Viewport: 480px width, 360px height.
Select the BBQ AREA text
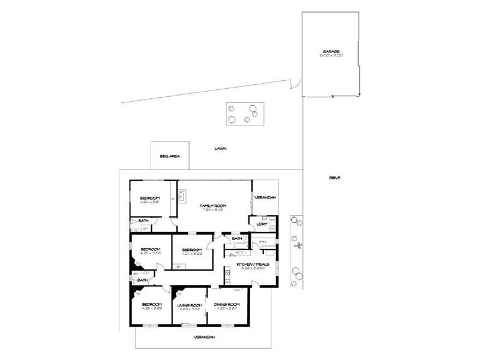(170, 157)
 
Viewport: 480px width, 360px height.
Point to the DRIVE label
(335, 178)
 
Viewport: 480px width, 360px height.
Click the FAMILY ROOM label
(212, 205)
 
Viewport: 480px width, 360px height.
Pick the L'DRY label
(262, 224)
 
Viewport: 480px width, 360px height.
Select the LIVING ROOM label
(188, 305)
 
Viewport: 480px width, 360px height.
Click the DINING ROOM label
(227, 305)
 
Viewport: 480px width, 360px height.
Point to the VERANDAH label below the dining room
(204, 337)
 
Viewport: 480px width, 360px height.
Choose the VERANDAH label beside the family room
(265, 196)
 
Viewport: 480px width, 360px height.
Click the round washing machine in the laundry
(271, 229)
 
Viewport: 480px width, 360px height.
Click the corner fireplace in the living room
(176, 293)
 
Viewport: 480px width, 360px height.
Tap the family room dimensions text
(212, 210)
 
